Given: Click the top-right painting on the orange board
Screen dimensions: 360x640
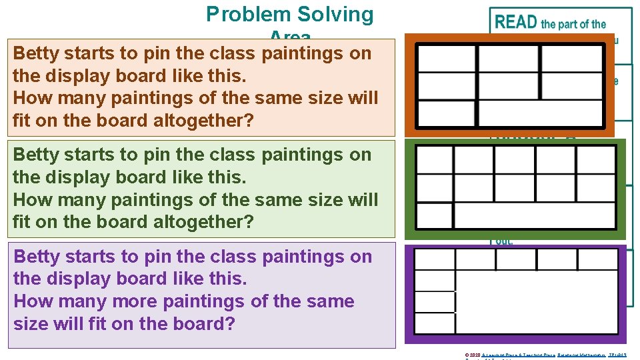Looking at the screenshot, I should click(571, 59).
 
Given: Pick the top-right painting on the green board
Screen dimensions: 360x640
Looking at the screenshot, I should click(596, 160).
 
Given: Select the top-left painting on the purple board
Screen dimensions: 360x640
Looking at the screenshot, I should click(435, 260).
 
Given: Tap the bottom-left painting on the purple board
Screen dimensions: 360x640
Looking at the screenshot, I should click(435, 325).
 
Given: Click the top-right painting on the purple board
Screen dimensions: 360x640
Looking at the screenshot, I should click(597, 259).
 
